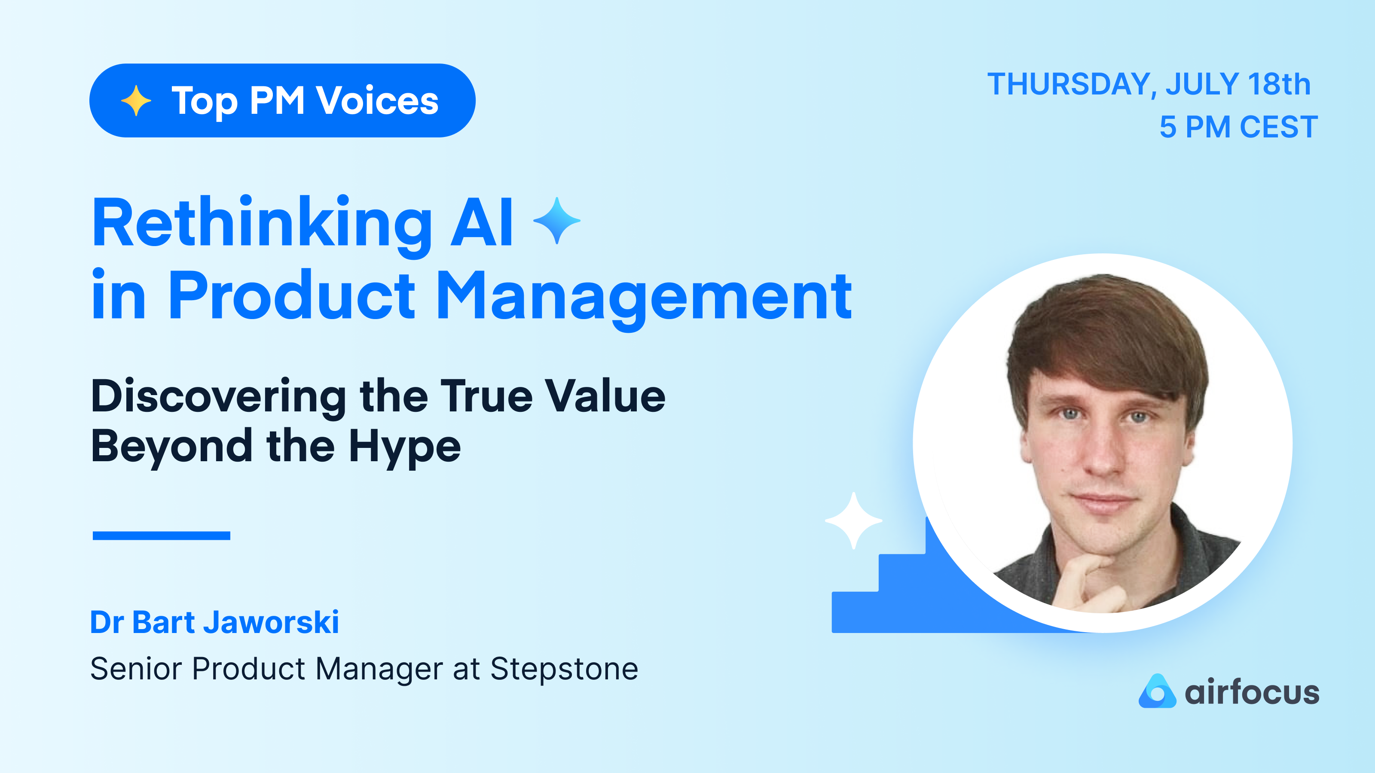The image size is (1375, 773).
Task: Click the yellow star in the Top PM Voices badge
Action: (x=136, y=100)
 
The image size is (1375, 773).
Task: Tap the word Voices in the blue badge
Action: (x=377, y=100)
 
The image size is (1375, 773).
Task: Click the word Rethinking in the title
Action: (x=262, y=223)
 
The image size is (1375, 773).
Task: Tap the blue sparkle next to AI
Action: (x=557, y=220)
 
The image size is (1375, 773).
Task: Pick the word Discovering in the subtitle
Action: (x=219, y=397)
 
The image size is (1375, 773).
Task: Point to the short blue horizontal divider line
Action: (x=161, y=536)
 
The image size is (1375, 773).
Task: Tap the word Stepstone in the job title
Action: (x=564, y=669)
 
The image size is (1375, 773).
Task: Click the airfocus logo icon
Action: (x=1157, y=691)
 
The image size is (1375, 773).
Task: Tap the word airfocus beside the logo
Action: (x=1252, y=692)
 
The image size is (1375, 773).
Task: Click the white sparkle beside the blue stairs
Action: (x=853, y=520)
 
